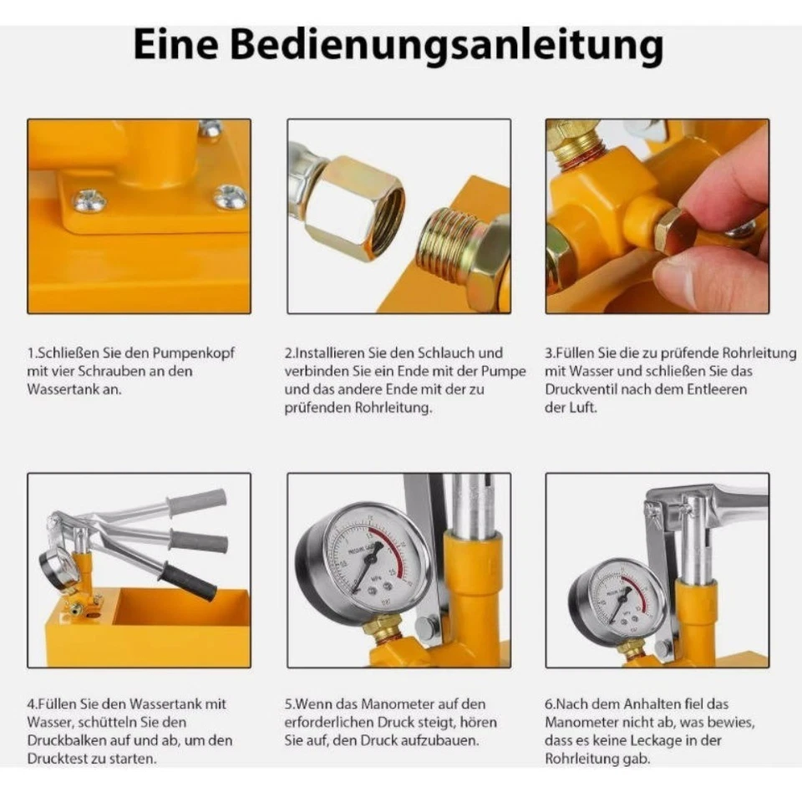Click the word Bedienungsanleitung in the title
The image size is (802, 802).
[446, 47]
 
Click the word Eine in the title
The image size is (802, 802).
[177, 45]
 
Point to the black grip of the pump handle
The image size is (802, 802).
[188, 581]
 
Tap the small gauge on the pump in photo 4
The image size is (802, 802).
[60, 568]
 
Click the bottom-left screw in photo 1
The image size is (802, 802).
[89, 200]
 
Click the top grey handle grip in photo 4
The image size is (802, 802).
[197, 502]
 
